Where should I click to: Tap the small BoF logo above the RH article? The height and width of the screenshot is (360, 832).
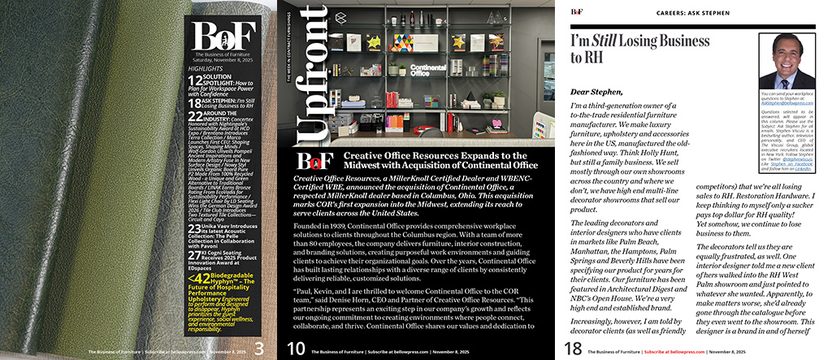tap(576, 11)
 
